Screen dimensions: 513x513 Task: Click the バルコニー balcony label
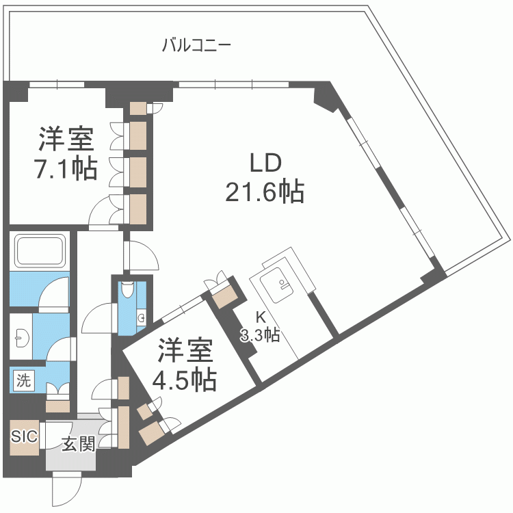pos(196,46)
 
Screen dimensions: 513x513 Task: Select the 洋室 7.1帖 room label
pos(66,153)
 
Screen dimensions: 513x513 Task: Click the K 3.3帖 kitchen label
pos(259,327)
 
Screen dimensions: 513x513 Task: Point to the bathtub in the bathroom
pos(40,252)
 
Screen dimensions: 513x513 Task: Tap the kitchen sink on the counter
pos(280,286)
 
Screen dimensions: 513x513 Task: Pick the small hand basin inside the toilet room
pos(140,317)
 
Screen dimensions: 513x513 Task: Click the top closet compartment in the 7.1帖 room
pos(139,135)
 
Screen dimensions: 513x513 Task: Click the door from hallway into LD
pos(142,256)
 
